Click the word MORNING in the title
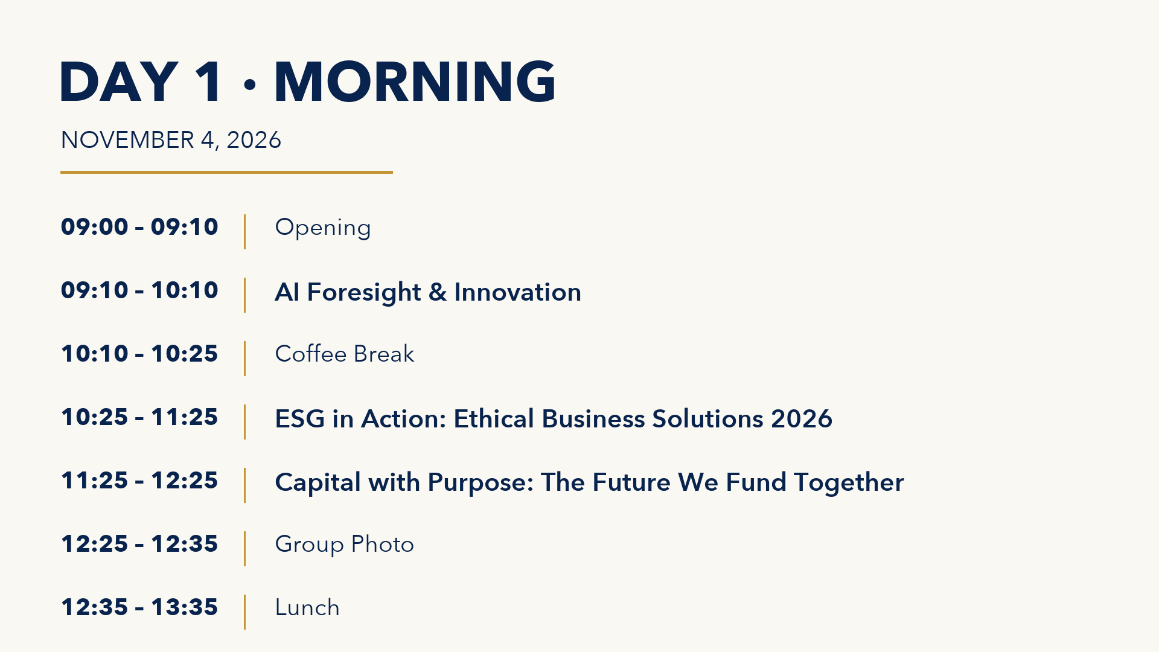415,81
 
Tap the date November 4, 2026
171,140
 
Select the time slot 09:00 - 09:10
139,227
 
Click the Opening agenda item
323,228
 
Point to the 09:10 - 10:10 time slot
139,290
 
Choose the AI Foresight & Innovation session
428,292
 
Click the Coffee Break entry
345,354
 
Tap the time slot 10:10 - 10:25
139,354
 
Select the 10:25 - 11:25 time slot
139,417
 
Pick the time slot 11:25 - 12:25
139,481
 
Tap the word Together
849,483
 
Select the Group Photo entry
345,545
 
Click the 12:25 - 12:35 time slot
139,544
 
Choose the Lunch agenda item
307,607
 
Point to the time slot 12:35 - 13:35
139,607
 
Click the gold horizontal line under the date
226,172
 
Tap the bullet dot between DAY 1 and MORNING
250,85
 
